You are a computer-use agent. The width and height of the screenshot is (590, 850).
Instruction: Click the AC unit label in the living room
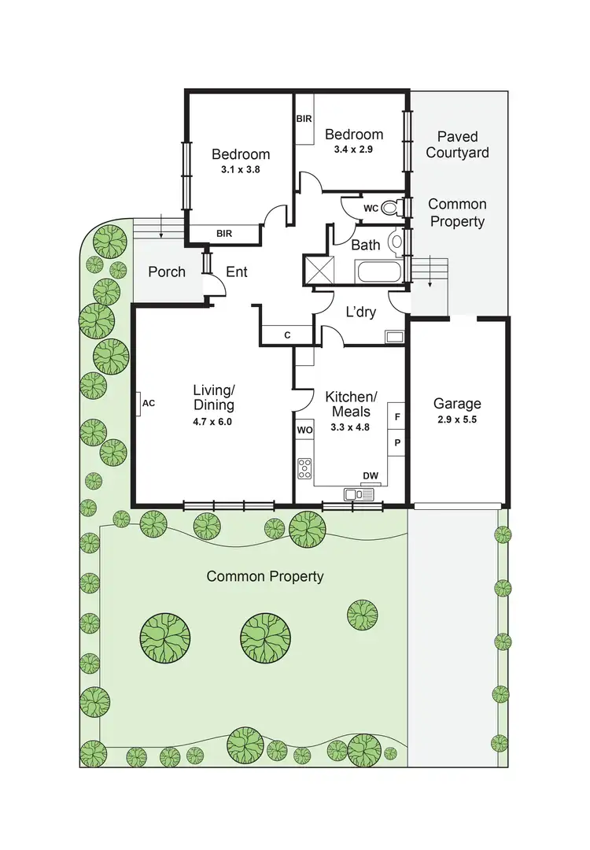[x=149, y=403]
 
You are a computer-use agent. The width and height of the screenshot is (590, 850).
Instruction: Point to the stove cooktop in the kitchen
[x=304, y=468]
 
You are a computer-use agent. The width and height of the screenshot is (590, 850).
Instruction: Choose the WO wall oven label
[x=304, y=431]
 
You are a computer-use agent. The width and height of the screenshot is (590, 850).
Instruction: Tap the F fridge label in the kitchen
[x=397, y=416]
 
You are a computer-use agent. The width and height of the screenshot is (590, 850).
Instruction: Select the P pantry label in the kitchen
[x=397, y=442]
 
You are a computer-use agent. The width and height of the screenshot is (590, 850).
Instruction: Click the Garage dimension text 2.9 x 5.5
[x=457, y=419]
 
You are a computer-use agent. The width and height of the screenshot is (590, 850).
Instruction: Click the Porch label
[x=167, y=272]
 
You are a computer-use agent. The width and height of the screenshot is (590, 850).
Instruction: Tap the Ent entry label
[x=237, y=272]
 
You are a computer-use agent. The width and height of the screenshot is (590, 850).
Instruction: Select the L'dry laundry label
[x=361, y=312]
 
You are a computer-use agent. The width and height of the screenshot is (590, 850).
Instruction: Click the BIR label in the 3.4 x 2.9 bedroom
[x=304, y=119]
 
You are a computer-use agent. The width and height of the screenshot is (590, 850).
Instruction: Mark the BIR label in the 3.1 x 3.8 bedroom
[x=223, y=233]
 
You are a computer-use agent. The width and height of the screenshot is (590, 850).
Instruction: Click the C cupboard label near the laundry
[x=287, y=335]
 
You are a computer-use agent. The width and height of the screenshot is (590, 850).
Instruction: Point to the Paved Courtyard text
[x=457, y=145]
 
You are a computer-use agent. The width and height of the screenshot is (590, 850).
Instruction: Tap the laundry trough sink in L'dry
[x=394, y=336]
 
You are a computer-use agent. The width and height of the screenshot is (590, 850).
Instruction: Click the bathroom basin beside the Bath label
[x=396, y=242]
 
